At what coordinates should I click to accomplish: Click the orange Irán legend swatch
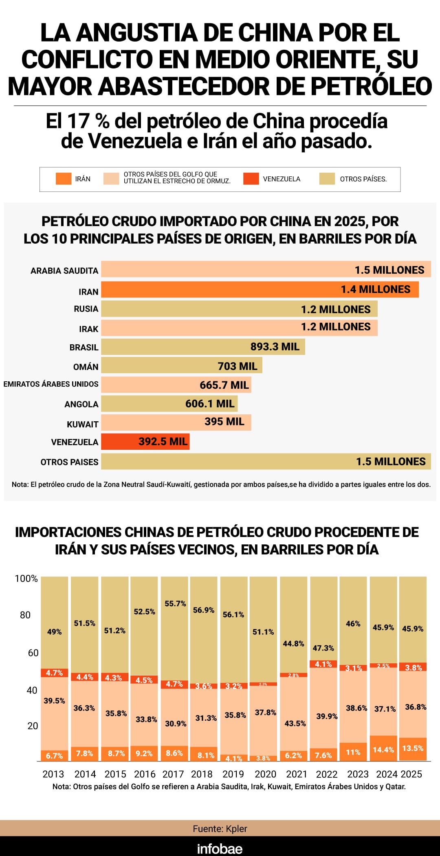pyautogui.click(x=63, y=178)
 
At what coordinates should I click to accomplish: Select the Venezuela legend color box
pyautogui.click(x=251, y=178)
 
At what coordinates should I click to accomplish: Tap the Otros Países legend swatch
pyautogui.click(x=327, y=178)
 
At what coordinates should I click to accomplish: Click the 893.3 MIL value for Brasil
pyautogui.click(x=275, y=347)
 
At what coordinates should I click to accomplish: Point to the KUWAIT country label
pyautogui.click(x=82, y=424)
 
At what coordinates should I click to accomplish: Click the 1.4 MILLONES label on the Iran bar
pyautogui.click(x=375, y=289)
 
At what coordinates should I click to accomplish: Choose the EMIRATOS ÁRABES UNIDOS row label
pyautogui.click(x=51, y=384)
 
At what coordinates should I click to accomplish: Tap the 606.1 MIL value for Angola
pyautogui.click(x=210, y=404)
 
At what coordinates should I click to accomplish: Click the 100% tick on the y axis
pyautogui.click(x=26, y=579)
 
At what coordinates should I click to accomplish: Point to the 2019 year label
pyautogui.click(x=233, y=774)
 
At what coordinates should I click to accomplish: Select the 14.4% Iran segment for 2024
pyautogui.click(x=383, y=750)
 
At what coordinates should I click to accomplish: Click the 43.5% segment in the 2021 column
pyautogui.click(x=295, y=724)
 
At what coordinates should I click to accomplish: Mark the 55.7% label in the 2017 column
pyautogui.click(x=175, y=603)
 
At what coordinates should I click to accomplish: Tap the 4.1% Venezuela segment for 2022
pyautogui.click(x=323, y=664)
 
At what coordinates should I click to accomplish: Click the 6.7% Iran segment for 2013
pyautogui.click(x=54, y=756)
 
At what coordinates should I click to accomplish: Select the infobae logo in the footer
pyautogui.click(x=220, y=849)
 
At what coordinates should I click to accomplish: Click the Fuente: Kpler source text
pyautogui.click(x=220, y=829)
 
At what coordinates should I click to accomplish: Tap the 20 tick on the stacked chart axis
pyautogui.click(x=32, y=726)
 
